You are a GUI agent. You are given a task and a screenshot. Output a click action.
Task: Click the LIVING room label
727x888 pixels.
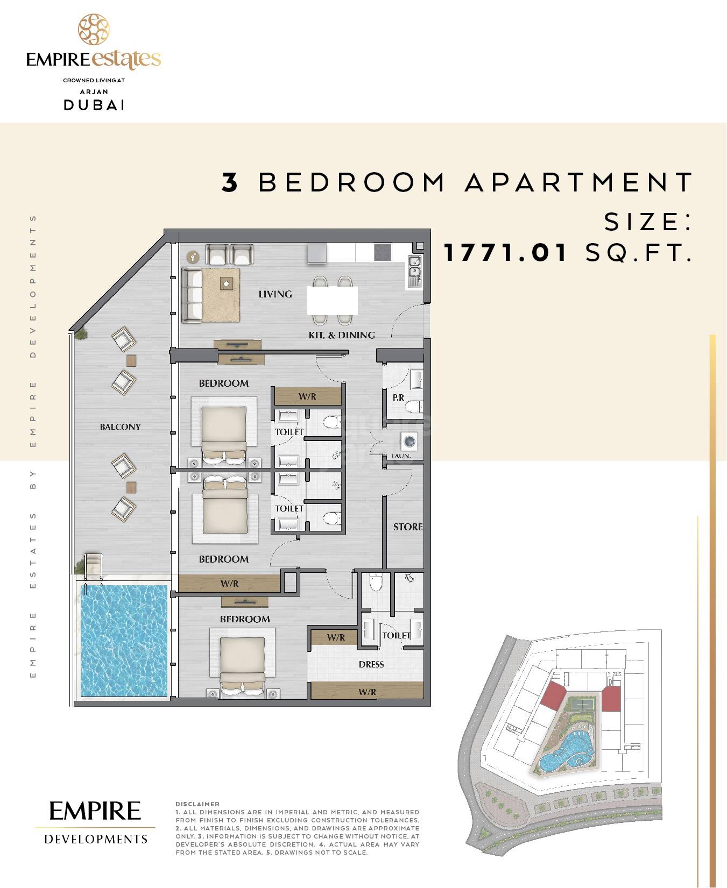(275, 294)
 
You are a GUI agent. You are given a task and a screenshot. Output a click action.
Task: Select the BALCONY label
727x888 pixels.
(120, 427)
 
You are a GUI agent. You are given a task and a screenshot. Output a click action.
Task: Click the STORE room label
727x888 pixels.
(407, 527)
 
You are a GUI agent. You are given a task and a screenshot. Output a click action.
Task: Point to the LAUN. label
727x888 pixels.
(401, 456)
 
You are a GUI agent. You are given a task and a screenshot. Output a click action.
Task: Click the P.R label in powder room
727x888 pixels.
(398, 397)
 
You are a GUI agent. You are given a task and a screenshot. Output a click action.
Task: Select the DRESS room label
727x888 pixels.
(371, 664)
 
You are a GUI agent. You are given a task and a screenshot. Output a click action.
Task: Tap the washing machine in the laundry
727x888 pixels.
(410, 442)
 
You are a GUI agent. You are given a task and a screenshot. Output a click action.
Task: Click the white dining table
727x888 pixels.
(333, 300)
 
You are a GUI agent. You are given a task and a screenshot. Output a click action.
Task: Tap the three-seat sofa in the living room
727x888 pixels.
(190, 295)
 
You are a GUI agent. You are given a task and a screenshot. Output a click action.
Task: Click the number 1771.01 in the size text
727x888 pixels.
(506, 252)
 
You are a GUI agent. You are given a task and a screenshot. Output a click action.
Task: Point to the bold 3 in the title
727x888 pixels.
(230, 182)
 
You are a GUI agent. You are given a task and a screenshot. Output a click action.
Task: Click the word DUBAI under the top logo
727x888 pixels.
(95, 105)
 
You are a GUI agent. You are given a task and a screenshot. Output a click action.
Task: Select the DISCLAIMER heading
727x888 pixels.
(197, 804)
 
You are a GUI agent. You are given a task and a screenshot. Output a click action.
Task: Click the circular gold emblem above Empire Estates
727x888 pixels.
(94, 30)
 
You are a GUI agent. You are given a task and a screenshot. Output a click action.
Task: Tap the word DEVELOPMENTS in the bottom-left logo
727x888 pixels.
(96, 839)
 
